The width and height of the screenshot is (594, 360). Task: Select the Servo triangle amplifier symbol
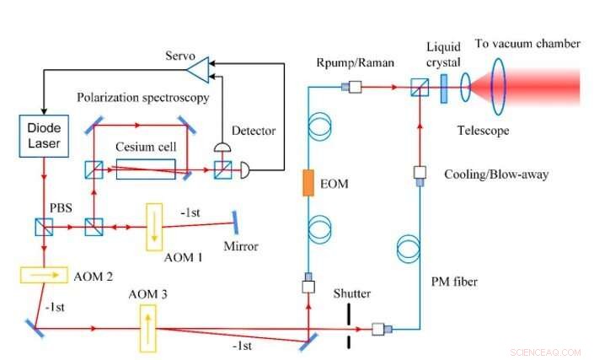click(195, 67)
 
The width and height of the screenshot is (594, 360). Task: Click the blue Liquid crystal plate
click(444, 88)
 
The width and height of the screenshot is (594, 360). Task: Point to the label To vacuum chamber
click(527, 44)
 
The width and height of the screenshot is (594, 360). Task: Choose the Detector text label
click(254, 132)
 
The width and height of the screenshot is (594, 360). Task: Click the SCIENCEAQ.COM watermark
click(546, 352)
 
